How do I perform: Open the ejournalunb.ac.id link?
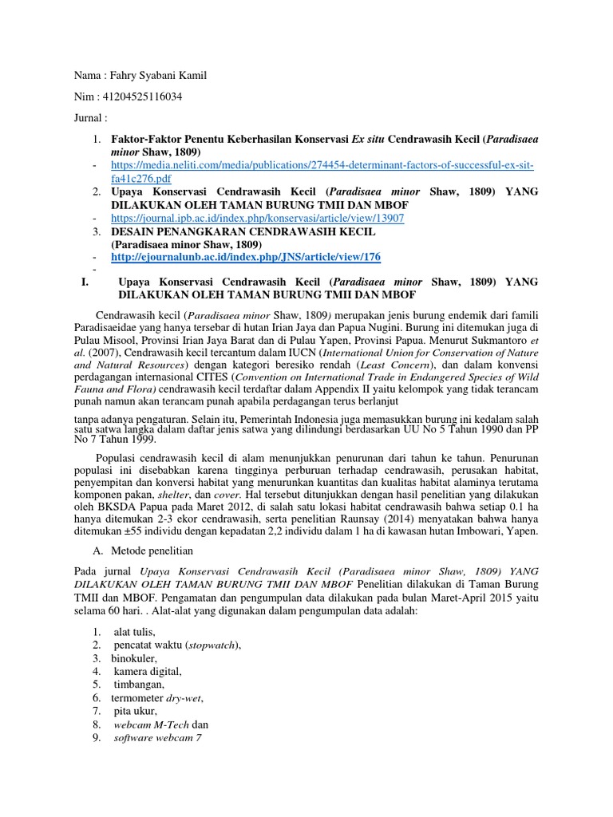tap(246, 256)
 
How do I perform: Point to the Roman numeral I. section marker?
tap(85, 282)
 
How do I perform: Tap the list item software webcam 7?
tap(157, 738)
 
